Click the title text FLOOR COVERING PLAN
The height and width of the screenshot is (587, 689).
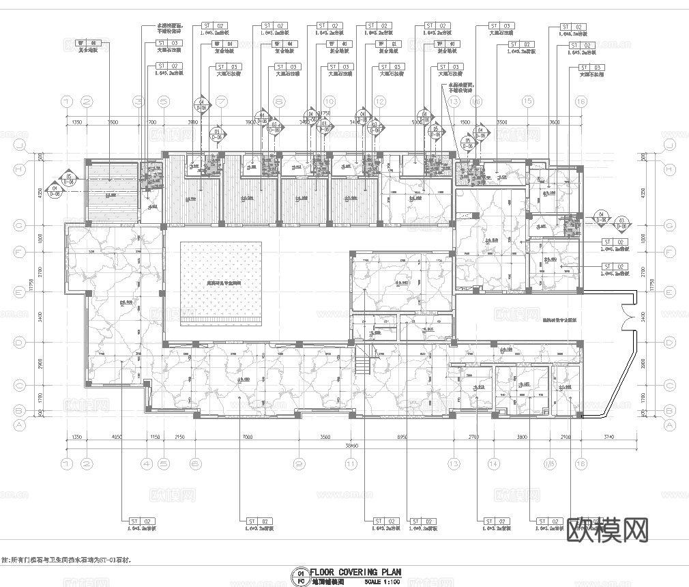[355, 573]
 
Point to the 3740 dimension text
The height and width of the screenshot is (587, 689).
[609, 436]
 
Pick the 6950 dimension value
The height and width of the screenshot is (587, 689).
[402, 436]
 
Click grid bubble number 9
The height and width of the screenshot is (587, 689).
[299, 463]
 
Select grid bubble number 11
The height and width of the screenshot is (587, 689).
[351, 463]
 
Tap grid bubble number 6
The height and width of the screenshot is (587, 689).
[195, 463]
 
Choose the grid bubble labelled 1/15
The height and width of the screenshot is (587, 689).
[548, 463]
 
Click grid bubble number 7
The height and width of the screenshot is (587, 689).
[221, 101]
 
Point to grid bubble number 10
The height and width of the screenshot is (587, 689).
[329, 101]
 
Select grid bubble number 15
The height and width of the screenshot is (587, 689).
[527, 101]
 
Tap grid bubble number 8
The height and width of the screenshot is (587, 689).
[279, 101]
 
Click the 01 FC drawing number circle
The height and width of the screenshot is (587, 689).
[300, 577]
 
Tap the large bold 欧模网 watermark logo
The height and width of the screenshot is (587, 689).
[607, 529]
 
